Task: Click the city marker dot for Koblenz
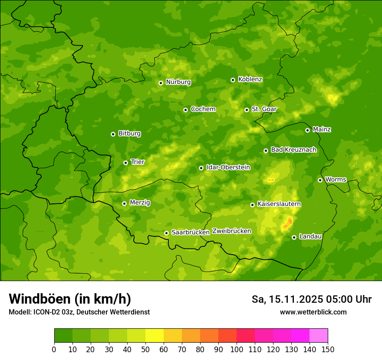233,80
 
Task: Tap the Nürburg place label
178,82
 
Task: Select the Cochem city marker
186,110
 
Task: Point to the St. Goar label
264,109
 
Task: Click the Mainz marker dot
308,130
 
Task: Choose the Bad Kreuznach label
293,150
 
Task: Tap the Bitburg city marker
113,134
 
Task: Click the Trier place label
138,162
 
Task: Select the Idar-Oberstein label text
228,167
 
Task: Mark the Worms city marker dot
320,180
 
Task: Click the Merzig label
140,203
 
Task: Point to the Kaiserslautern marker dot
253,205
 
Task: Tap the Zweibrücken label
231,231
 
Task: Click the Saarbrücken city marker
167,233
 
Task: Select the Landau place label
310,236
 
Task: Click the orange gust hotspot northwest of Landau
287,224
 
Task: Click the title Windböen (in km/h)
69,299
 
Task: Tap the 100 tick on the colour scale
237,349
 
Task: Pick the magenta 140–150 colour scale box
319,336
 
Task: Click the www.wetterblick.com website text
313,312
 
